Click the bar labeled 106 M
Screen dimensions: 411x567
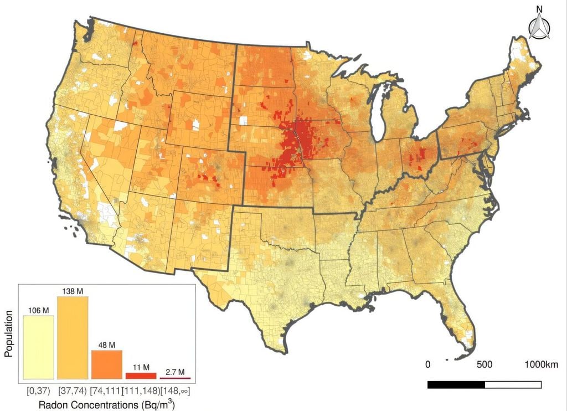point(38,347)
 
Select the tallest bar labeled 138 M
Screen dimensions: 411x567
point(73,337)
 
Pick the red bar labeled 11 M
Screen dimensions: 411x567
point(141,376)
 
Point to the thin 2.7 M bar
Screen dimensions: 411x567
point(175,378)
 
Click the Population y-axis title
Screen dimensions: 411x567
point(9,337)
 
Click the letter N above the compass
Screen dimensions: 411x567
point(538,9)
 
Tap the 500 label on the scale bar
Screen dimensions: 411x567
point(484,365)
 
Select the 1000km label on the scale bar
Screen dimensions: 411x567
point(541,365)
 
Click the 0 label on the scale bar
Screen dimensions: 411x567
point(427,365)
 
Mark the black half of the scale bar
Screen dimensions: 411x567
point(456,384)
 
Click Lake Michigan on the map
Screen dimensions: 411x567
point(379,114)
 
